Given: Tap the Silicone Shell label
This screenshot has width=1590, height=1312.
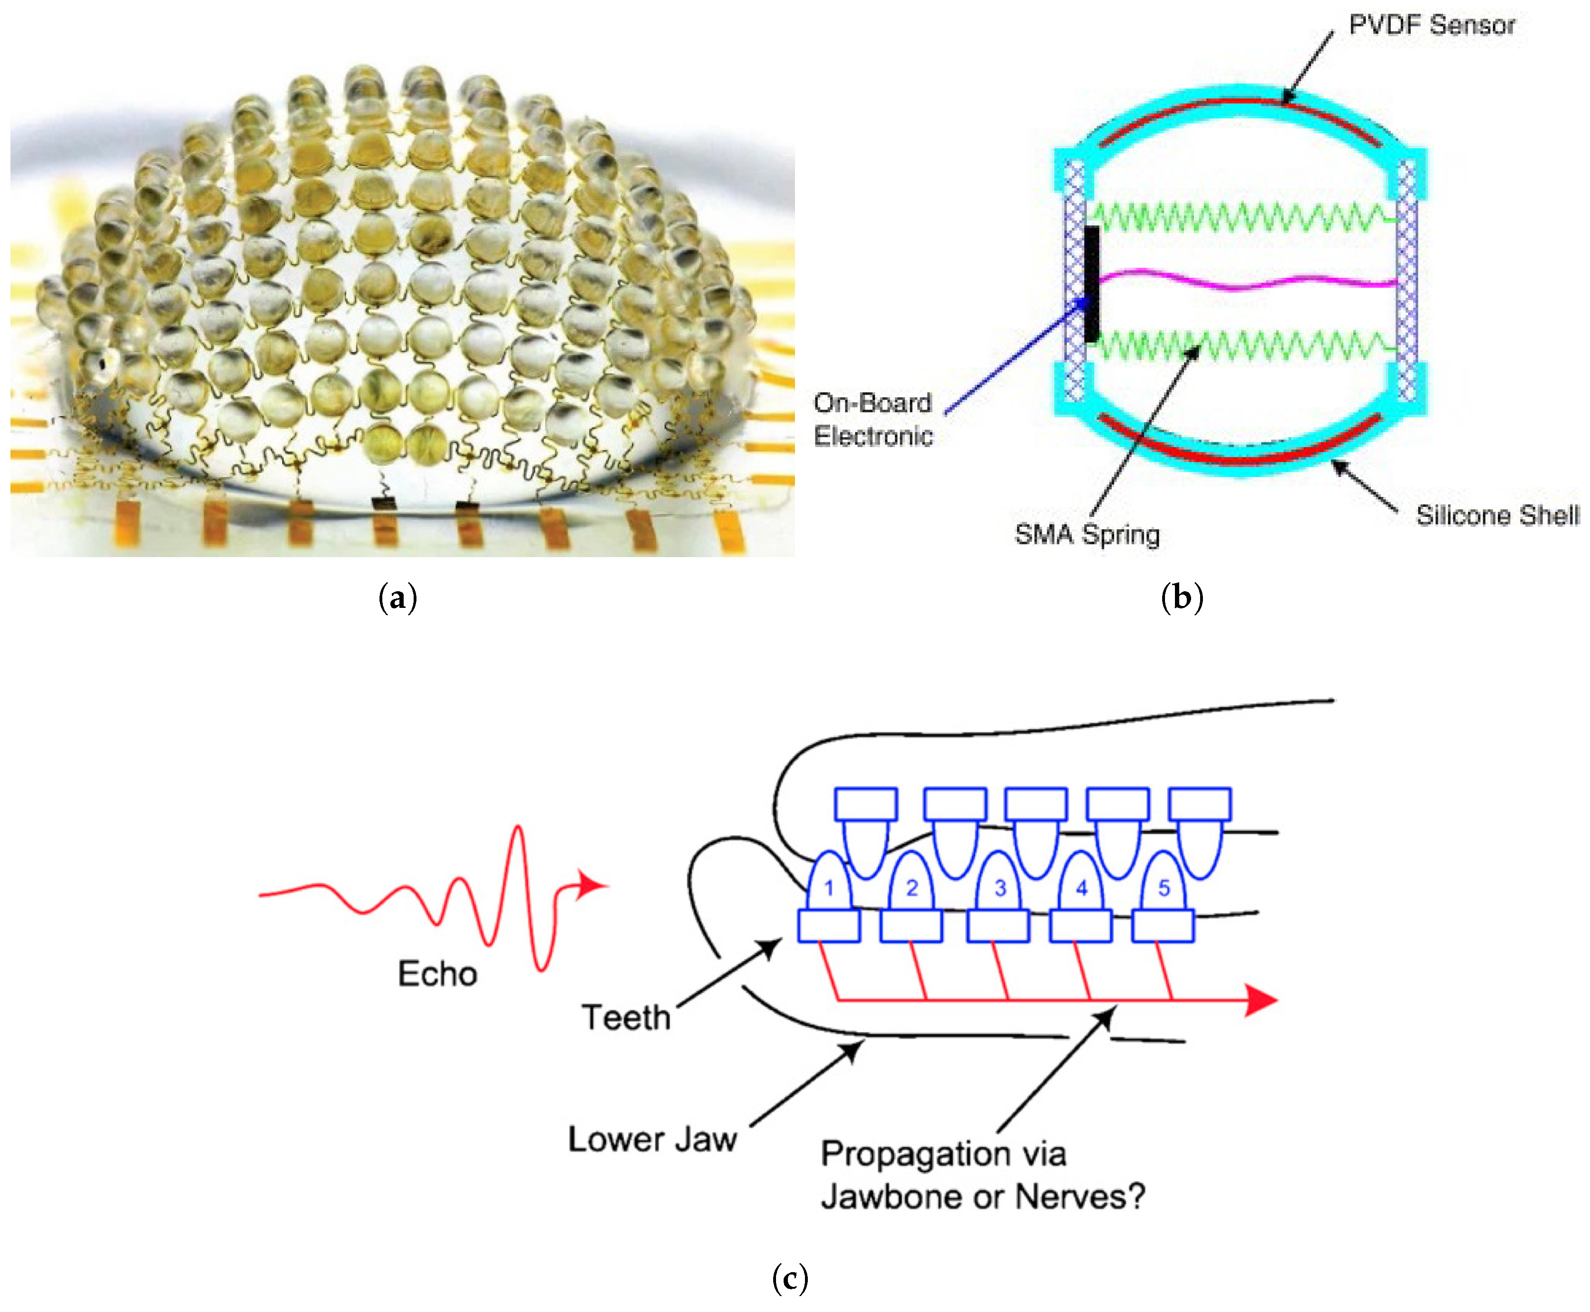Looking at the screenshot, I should (x=1497, y=515).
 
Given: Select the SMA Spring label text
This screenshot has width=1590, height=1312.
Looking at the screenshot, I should (x=1086, y=534).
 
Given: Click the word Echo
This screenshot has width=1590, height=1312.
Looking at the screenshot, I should (x=438, y=974).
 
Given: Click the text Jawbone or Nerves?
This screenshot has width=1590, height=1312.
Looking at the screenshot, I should (x=983, y=1196).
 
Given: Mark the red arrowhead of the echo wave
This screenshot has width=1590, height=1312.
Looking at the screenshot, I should (x=591, y=885).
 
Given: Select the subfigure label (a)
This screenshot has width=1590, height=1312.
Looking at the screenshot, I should (x=397, y=598).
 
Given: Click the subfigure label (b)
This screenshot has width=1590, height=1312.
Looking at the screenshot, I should (x=1182, y=598).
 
